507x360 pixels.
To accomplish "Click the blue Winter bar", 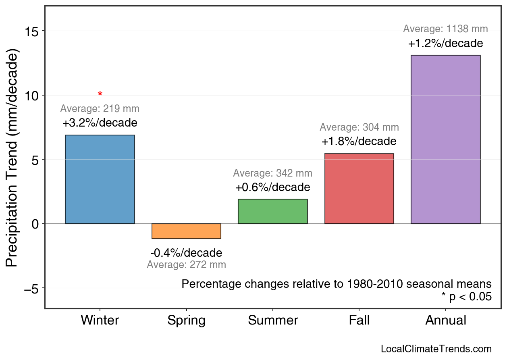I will click(x=100, y=179).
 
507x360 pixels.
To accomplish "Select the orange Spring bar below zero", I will click(x=186, y=231).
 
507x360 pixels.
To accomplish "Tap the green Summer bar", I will click(x=273, y=211).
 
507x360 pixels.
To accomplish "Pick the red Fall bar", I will click(x=359, y=189).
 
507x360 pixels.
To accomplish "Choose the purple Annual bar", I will click(x=445, y=139).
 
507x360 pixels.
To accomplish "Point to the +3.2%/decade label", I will click(x=100, y=123).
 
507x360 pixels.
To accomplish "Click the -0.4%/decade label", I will click(x=186, y=253).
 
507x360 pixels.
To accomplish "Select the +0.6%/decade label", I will click(x=273, y=187).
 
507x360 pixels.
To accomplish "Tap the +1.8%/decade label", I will click(x=359, y=142).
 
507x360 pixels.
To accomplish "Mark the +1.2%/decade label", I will click(x=445, y=43).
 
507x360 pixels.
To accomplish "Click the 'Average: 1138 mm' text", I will click(x=445, y=29).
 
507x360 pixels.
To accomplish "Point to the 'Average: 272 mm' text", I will click(x=186, y=265).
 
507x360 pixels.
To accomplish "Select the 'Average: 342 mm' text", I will click(x=273, y=173).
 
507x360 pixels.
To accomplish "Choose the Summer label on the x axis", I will click(x=273, y=320).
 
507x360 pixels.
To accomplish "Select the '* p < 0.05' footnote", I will click(x=466, y=297).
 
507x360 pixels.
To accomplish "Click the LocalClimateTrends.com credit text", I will click(x=436, y=349).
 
